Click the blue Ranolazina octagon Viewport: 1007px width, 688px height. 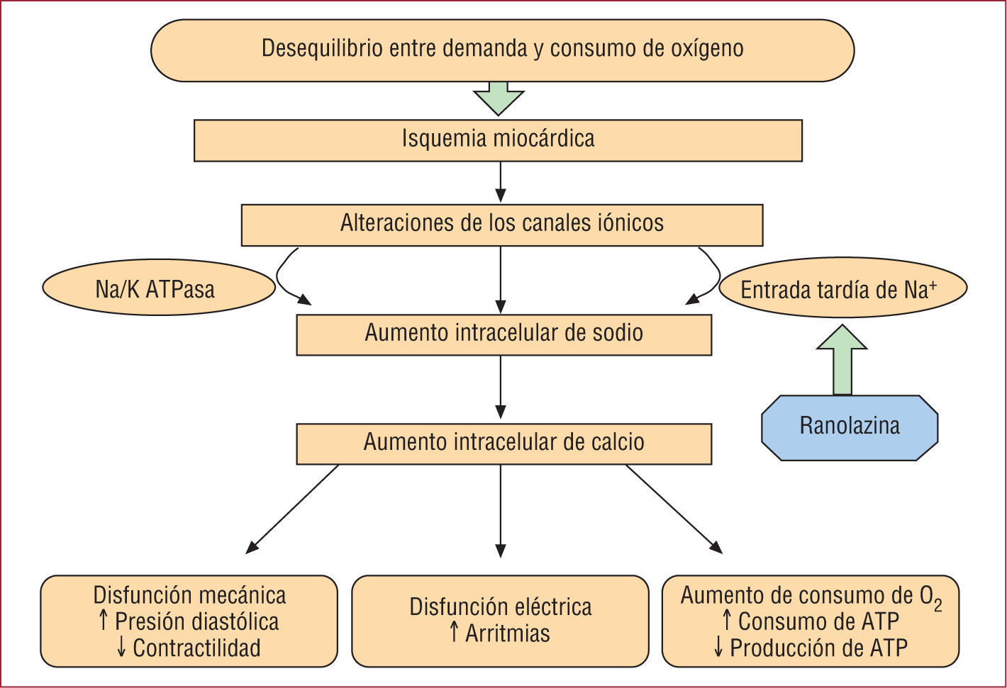point(849,427)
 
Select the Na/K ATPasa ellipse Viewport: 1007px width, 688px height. point(158,288)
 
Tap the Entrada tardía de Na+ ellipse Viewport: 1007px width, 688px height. point(842,290)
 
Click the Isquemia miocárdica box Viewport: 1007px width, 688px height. point(498,140)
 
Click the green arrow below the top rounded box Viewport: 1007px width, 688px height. point(499,98)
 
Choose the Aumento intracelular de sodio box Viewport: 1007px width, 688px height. point(504,334)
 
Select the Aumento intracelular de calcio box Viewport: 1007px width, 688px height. point(504,444)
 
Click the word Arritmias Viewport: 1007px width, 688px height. point(507,633)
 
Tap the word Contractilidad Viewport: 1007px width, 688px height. point(196,648)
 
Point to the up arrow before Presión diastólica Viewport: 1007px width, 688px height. point(104,621)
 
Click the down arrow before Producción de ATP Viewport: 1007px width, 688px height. point(718,648)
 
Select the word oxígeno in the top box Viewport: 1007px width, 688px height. point(706,49)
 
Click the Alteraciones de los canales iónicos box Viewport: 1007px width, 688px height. point(502,225)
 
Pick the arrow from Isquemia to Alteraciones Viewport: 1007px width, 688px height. point(501,182)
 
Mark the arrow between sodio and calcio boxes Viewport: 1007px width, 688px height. point(501,388)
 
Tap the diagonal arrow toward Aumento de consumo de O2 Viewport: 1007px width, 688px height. point(674,509)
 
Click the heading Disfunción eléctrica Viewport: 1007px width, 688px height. point(500,607)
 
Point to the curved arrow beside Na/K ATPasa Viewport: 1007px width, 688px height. point(287,278)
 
